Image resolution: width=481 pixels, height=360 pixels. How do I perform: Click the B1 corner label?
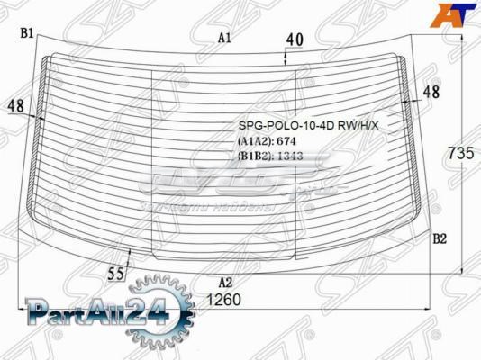coord(27,33)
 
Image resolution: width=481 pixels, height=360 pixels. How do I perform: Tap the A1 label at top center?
coord(224,38)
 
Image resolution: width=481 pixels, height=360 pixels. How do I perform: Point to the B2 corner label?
coord(440,238)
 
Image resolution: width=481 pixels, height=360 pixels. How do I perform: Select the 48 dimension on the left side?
coord(15,106)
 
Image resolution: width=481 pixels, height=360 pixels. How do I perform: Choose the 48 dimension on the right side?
coord(431,91)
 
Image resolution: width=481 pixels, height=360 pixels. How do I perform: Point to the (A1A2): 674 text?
coord(267,141)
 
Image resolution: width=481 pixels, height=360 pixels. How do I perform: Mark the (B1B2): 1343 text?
coord(269,156)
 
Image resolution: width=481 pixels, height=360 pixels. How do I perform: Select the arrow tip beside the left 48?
coord(39,116)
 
